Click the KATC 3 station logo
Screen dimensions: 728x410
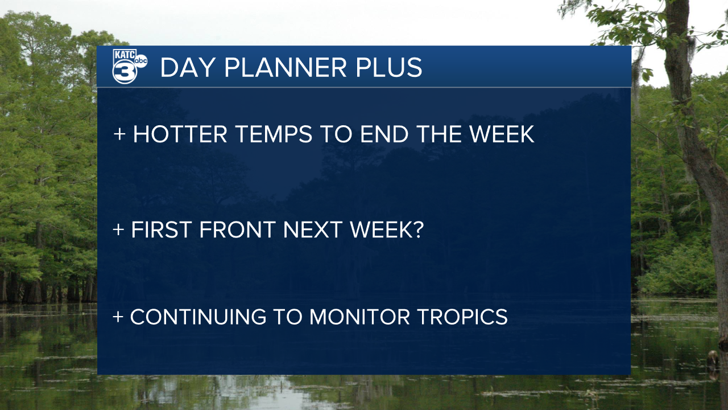pos(130,67)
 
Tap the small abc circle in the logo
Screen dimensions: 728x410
pos(140,61)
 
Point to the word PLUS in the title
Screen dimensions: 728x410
pos(388,68)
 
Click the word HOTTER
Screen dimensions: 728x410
pos(180,134)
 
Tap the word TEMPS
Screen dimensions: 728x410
pos(274,134)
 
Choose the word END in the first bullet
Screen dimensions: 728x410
pos(384,134)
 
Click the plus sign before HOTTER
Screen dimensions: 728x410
pos(119,134)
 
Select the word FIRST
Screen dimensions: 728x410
pos(161,229)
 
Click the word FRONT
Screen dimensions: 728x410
pos(238,229)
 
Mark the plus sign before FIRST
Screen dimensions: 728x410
pos(119,229)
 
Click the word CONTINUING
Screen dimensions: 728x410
pos(198,317)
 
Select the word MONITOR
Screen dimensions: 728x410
pos(359,317)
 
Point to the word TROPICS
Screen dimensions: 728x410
pos(462,317)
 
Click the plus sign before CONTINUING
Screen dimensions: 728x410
pos(118,317)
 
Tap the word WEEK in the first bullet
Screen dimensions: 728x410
pos(502,134)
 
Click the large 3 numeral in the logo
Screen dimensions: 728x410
pos(125,72)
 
